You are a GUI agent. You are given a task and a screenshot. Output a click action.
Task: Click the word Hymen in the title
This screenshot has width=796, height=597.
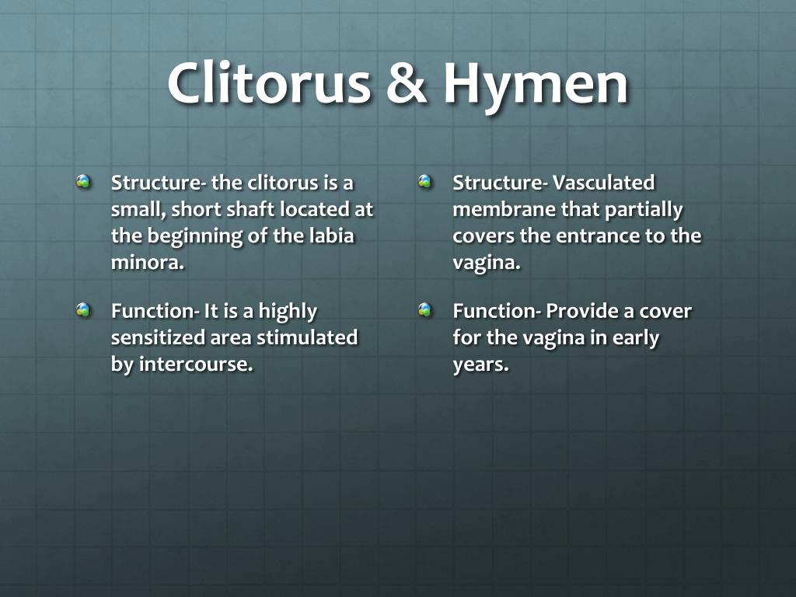[x=536, y=83]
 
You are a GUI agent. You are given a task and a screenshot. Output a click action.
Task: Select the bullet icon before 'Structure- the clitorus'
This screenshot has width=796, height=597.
[x=84, y=181]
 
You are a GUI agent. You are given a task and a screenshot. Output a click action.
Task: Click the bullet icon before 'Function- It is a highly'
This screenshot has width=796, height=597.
[x=84, y=309]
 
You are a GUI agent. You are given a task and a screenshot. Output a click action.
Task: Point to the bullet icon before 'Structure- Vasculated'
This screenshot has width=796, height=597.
[x=425, y=181]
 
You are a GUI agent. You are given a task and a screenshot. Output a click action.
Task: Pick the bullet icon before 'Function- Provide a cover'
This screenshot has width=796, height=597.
[x=425, y=309]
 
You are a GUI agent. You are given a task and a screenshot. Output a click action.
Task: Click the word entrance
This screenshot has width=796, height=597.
[x=598, y=236]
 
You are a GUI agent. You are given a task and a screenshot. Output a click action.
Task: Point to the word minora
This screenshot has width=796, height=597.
[x=148, y=263]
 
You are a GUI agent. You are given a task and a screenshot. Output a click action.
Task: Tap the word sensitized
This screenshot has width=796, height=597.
[x=158, y=337]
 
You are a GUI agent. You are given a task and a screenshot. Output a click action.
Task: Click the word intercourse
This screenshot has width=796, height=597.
[x=196, y=364]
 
